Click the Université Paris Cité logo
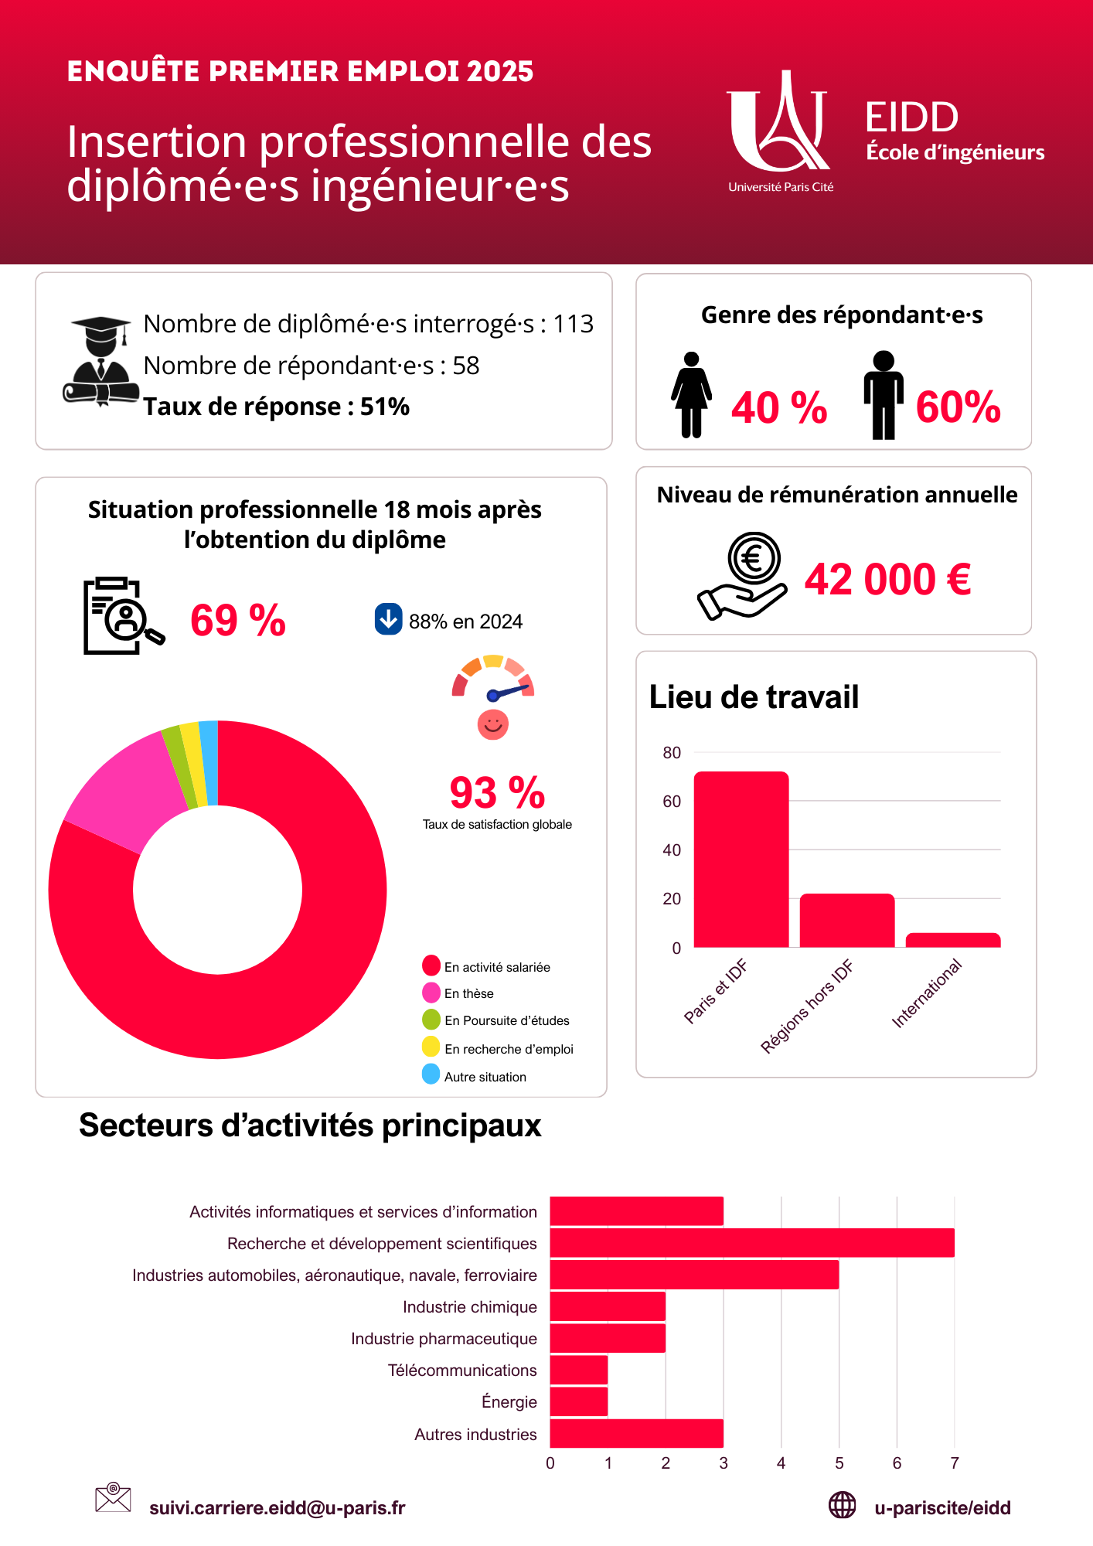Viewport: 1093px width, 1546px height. tap(779, 128)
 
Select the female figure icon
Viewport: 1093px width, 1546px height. tap(691, 395)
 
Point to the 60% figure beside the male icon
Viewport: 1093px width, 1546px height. tap(958, 407)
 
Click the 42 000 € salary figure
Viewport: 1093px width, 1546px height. tap(887, 580)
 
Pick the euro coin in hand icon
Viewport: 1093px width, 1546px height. tap(744, 576)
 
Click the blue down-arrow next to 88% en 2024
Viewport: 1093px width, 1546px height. tap(388, 619)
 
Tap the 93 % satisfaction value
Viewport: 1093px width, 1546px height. tap(497, 793)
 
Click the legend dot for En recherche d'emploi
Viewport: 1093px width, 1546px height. tap(431, 1047)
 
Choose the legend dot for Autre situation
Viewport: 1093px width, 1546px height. tap(431, 1074)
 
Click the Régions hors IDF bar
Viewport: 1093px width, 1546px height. tap(847, 921)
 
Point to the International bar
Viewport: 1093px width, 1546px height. tap(953, 940)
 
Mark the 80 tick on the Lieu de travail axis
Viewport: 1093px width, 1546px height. tap(672, 753)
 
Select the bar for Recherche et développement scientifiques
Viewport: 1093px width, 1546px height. tap(752, 1243)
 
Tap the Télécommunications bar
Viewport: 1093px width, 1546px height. tap(579, 1370)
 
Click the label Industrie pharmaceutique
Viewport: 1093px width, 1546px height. tap(444, 1339)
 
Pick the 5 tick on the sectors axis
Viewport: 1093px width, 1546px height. tap(839, 1463)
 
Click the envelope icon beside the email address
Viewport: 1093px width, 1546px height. tap(113, 1497)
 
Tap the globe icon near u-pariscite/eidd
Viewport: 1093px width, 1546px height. tap(842, 1505)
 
